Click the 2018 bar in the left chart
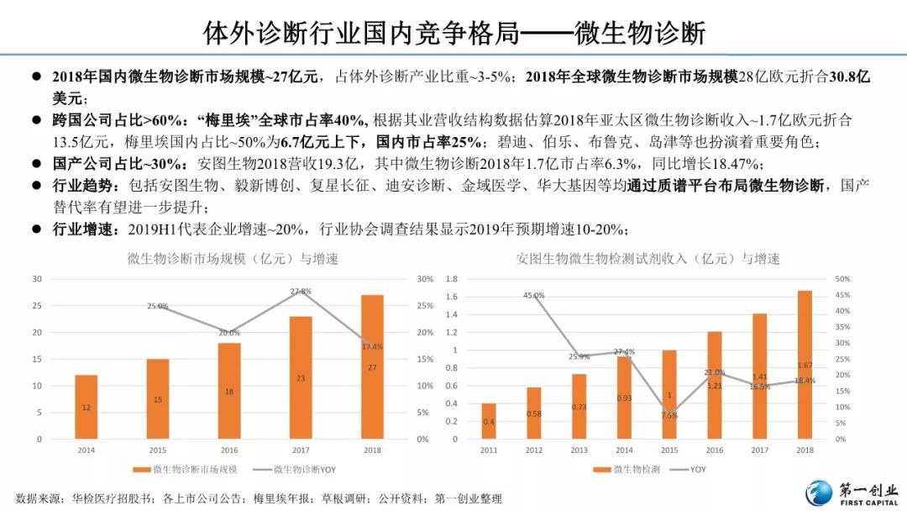point(371,366)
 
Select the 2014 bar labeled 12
point(87,407)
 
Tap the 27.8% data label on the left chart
point(300,292)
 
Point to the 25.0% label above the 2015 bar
point(158,307)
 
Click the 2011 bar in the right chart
point(489,421)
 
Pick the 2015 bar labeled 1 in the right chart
point(669,394)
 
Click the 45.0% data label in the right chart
point(534,296)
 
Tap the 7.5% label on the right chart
point(669,415)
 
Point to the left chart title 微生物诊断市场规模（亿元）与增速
point(233,259)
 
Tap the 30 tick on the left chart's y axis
point(37,279)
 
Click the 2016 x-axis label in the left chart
point(229,450)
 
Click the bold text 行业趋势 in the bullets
point(80,185)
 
